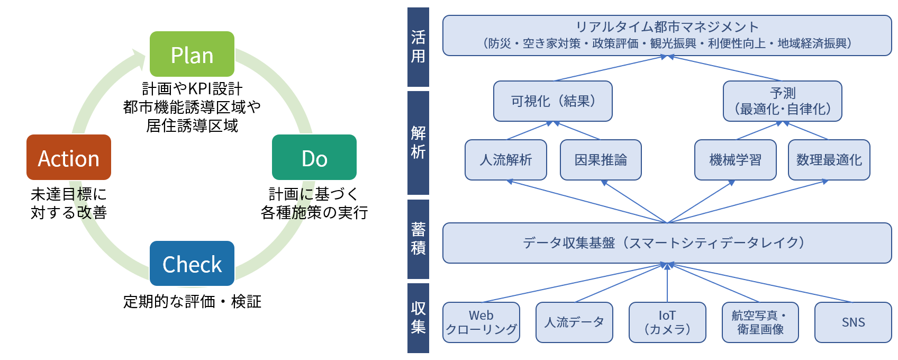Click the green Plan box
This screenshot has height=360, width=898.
point(192,54)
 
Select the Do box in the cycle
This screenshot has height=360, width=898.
point(314,157)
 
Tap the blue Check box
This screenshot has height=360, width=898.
point(192,264)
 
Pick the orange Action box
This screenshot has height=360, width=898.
point(69,157)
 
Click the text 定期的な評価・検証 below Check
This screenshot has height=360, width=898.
point(192,302)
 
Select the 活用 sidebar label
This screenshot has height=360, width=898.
point(418,47)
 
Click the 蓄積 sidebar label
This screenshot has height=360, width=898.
point(418,239)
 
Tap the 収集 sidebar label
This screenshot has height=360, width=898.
point(418,318)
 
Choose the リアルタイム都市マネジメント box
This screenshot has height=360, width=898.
point(667,35)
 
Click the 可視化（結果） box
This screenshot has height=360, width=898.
point(552,101)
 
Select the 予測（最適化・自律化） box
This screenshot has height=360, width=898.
point(782,101)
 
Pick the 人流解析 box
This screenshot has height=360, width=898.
point(505,160)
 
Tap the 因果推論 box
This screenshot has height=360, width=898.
point(601,160)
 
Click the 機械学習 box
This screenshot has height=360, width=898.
point(735,160)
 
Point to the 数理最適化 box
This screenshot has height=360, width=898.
point(829,160)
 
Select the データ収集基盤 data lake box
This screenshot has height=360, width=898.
point(667,243)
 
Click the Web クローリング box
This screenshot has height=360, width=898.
point(481,322)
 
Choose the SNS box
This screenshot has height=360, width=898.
point(853,322)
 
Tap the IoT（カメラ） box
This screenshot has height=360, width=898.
point(667,322)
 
